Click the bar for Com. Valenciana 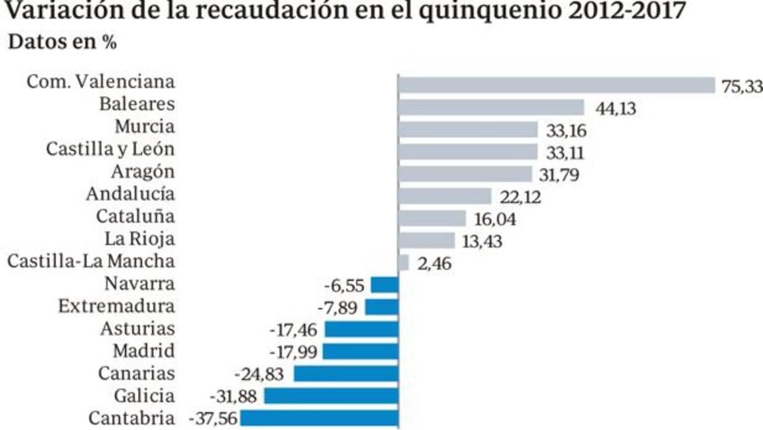click(x=556, y=84)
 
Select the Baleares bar click(x=491, y=107)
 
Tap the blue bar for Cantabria click(x=319, y=418)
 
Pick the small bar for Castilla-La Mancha click(x=404, y=262)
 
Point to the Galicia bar click(x=331, y=396)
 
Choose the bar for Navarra click(x=385, y=285)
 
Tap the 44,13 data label click(x=615, y=109)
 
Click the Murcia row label click(x=145, y=127)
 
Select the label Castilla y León click(x=111, y=150)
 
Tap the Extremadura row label click(x=116, y=306)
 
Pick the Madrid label click(x=143, y=351)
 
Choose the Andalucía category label click(x=130, y=194)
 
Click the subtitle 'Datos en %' click(x=62, y=43)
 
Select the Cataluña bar click(x=432, y=218)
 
